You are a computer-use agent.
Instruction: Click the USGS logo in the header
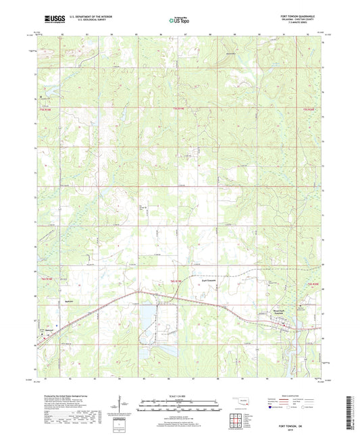52,17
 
